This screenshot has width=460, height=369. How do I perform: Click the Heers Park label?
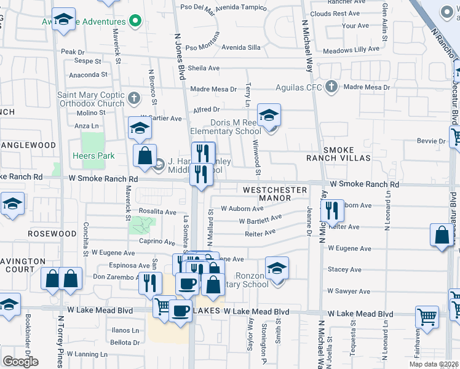[x=94, y=156]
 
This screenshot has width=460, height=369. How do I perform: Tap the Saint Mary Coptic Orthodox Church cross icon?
[x=135, y=97]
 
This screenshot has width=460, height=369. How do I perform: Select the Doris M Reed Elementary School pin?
[x=269, y=115]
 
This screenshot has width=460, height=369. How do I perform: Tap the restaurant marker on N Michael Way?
[x=332, y=210]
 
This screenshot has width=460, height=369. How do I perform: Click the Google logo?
[x=20, y=361]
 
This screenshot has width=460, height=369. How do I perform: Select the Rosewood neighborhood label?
[x=52, y=234]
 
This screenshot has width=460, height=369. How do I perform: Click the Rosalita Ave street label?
[x=157, y=212]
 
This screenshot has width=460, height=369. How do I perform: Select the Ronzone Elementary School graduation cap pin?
[x=277, y=268]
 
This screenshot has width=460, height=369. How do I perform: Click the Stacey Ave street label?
[x=344, y=269]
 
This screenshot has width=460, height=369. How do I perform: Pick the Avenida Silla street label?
[x=241, y=47]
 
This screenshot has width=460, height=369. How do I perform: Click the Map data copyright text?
[x=435, y=363]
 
